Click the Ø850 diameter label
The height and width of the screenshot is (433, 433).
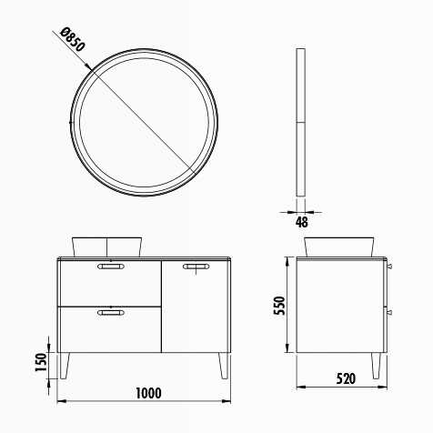tap(73, 40)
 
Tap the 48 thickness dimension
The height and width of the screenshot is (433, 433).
tap(301, 222)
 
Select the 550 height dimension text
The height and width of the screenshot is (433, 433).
tap(279, 306)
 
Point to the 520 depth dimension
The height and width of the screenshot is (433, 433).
tap(346, 378)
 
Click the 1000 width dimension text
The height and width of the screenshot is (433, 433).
tap(148, 393)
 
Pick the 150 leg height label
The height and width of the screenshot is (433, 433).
tap(41, 362)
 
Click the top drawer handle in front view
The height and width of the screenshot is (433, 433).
tap(111, 267)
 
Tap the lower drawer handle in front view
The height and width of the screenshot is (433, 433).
tap(111, 312)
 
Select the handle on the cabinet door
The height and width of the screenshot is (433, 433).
tap(196, 267)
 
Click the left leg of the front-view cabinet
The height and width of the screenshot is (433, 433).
tap(65, 366)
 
